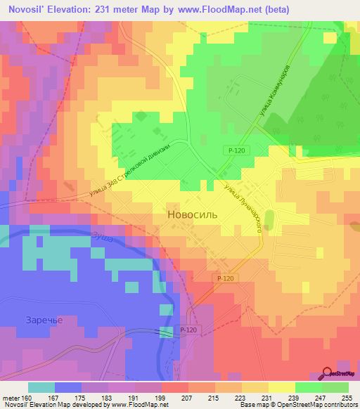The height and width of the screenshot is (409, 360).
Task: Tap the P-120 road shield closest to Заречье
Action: [188, 330]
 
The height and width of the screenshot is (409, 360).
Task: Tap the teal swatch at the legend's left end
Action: [41, 387]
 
